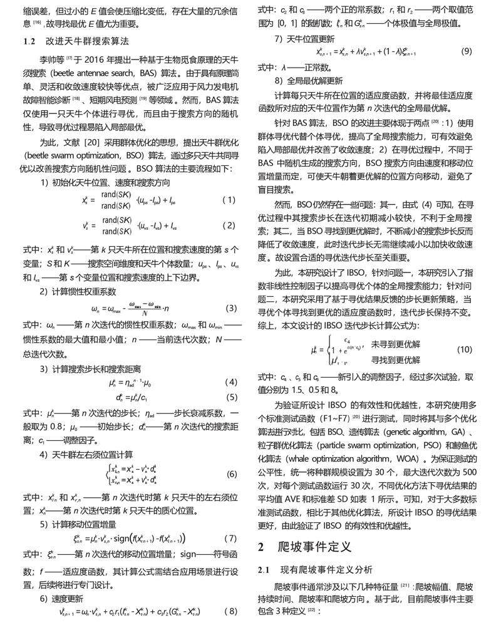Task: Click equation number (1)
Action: [x=229, y=200]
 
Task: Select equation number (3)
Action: [x=231, y=308]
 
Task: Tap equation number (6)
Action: [x=231, y=473]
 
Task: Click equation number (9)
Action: [x=466, y=51]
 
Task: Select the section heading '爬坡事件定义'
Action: [x=314, y=547]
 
